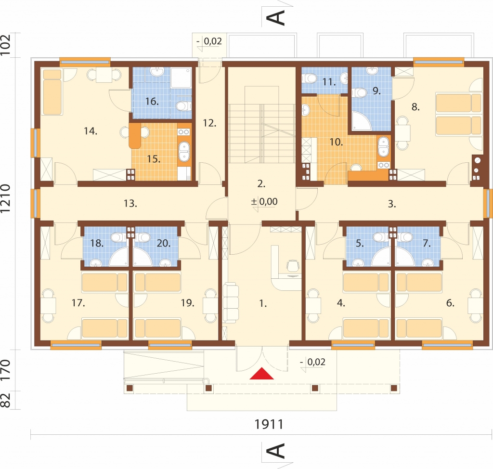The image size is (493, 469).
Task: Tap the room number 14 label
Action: coord(91,131)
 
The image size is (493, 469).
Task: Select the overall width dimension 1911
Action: coord(269,424)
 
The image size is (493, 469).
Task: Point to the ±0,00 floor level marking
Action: coord(264,202)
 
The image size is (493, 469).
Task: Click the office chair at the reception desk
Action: coord(293,266)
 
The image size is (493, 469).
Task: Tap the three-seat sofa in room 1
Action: coord(231,302)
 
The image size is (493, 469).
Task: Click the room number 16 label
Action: coord(152,101)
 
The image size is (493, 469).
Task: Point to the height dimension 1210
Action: coord(6,198)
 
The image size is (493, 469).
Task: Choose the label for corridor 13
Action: coord(130,204)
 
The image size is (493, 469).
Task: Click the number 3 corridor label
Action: coord(392,204)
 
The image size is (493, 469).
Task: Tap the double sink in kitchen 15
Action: coord(184,152)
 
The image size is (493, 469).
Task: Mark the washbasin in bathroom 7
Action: coord(428,262)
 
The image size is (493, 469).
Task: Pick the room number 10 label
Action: coord(336,142)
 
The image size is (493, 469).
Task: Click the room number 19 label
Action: coord(187,303)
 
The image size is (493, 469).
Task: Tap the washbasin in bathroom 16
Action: coord(157,72)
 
